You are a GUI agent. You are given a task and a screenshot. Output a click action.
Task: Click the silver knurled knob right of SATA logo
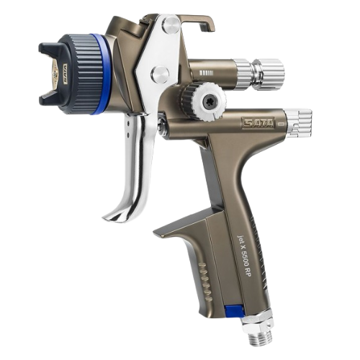tap(297, 122)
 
